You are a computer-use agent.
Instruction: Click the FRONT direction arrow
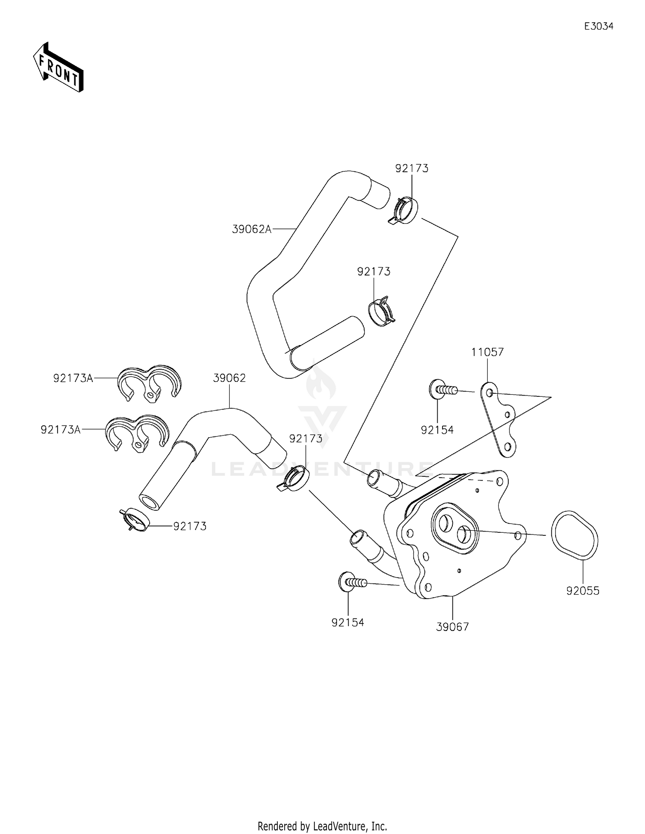pos(58,67)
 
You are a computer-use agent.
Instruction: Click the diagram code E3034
pos(599,26)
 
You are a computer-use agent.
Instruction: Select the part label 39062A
pos(252,229)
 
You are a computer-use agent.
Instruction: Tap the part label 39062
pos(229,378)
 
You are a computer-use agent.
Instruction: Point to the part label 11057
pos(487,352)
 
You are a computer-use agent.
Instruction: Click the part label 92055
pos(583,591)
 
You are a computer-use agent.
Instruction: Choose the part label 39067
pos(452,627)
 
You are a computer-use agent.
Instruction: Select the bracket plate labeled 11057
pos(498,419)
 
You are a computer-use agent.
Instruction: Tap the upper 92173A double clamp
pos(149,382)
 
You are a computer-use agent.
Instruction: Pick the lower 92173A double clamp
pos(137,433)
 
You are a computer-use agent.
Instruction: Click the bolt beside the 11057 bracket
pos(442,390)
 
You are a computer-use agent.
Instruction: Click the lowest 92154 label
pos(347,622)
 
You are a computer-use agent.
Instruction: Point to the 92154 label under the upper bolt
pos(437,430)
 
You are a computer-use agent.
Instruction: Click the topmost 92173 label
pos(412,168)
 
